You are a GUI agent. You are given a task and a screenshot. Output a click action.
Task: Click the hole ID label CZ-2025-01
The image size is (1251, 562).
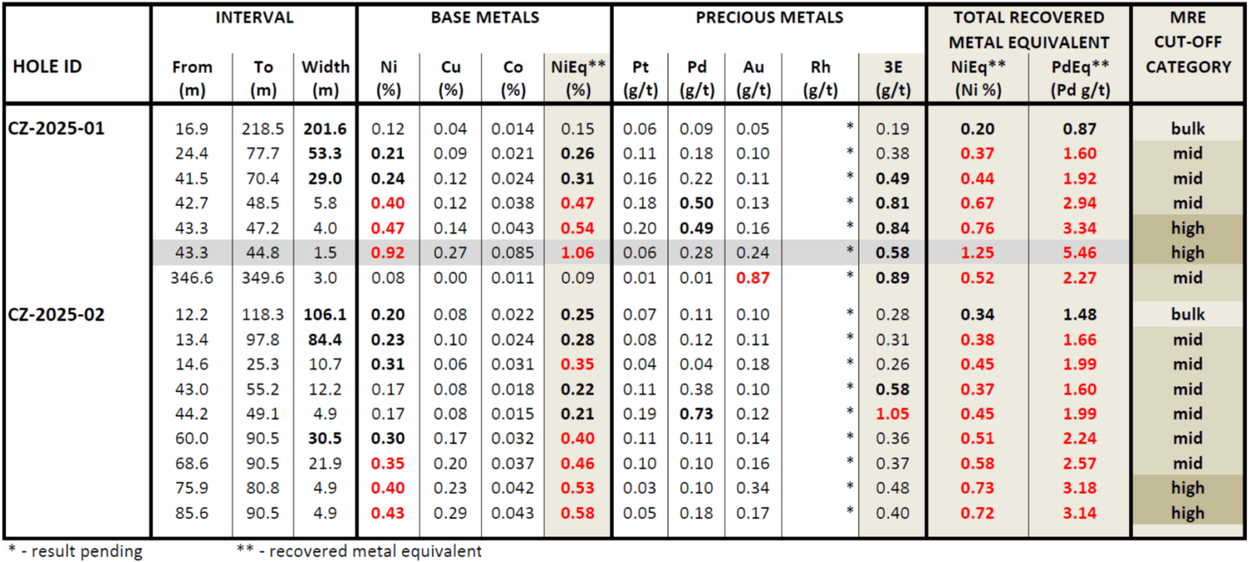pos(56,128)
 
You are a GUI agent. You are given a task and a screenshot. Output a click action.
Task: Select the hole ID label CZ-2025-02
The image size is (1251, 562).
pos(56,314)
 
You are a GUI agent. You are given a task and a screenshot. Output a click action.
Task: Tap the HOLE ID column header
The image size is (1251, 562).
pos(47,66)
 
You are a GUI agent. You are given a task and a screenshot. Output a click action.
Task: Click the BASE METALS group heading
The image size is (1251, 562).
pos(485,17)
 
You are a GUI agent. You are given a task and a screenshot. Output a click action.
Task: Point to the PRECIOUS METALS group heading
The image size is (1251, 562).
pos(769,17)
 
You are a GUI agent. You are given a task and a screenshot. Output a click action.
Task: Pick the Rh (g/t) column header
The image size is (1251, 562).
pos(820,78)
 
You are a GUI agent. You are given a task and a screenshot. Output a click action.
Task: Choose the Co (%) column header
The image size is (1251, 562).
pos(513,78)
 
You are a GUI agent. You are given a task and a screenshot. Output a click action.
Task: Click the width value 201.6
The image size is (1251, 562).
pos(325,128)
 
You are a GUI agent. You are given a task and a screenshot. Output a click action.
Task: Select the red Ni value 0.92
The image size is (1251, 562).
pos(388,252)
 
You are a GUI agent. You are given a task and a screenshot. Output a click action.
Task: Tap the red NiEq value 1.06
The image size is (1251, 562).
pos(578,252)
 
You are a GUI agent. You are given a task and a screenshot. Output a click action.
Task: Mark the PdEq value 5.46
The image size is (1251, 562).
pos(1080,252)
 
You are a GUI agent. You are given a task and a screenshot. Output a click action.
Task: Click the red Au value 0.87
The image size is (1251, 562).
pos(753,277)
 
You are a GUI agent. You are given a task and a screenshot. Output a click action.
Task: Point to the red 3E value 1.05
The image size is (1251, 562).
pos(893,413)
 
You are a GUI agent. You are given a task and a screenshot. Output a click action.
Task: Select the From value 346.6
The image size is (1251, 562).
pos(192,277)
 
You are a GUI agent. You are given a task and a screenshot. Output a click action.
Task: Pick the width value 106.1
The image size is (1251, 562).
pos(325,314)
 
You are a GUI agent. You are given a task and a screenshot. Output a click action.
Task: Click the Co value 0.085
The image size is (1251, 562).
pos(513,252)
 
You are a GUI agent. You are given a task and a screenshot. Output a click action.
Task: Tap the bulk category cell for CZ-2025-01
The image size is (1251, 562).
pos(1188,128)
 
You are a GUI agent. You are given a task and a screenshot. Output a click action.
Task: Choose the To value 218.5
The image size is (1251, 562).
pos(263,128)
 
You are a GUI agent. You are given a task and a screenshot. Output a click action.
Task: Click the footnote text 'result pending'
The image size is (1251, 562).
pos(87,551)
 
